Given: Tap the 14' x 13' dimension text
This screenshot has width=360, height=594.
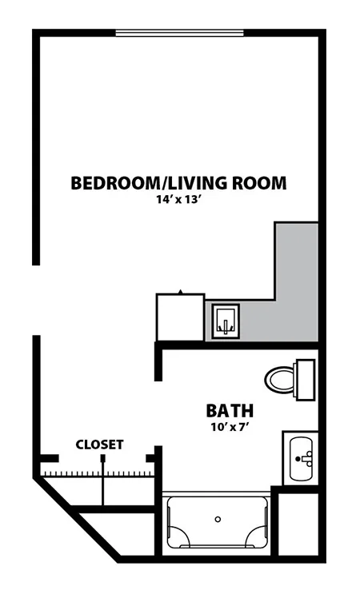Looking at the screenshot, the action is [178, 200].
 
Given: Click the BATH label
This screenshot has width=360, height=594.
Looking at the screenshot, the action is [230, 411].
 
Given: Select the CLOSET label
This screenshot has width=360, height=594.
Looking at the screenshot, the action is [100, 445].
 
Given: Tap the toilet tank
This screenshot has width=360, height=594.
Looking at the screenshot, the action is [305, 380].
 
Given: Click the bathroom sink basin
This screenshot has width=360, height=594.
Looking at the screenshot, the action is [302, 458].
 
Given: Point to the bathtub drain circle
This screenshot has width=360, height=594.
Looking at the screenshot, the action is [218, 520].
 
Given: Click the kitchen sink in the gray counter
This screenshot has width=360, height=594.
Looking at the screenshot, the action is [226, 321].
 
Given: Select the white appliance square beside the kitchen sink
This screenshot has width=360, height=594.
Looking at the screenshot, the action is [181, 317].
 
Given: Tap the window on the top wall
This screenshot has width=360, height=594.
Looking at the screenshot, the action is [179, 34].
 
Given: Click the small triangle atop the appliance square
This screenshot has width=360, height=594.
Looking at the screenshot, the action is [181, 291].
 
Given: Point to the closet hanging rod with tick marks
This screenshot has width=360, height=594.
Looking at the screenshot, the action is [98, 473].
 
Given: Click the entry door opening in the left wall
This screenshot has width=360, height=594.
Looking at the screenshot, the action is [36, 300].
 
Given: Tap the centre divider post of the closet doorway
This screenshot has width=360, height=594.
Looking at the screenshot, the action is [102, 459].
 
